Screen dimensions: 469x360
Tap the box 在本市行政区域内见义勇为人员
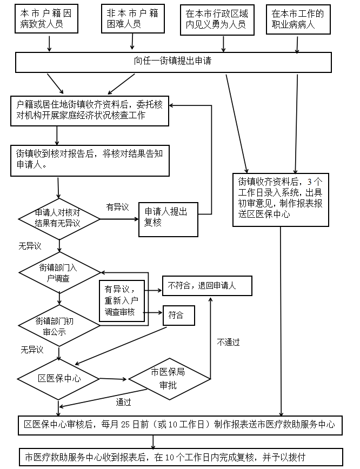coord(216,19)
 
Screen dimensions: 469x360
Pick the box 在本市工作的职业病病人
coord(298,19)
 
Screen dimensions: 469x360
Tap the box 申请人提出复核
coord(167,219)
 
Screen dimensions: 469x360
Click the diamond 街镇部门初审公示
coord(59,325)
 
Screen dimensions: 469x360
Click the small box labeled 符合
coord(178,315)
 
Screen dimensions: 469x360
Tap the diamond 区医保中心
coord(59,378)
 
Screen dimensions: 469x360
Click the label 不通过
coord(228,342)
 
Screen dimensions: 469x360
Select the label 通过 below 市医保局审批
coord(123,402)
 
